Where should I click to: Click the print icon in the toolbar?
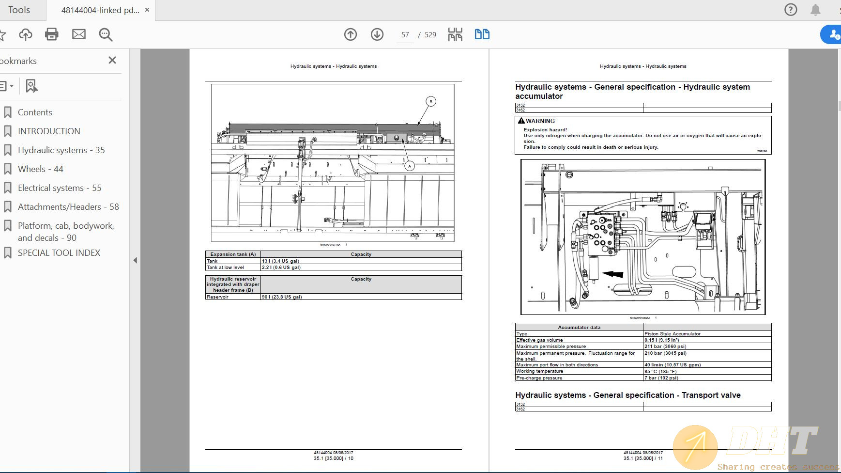[52, 34]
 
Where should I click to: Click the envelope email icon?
[79, 34]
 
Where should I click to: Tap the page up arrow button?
[351, 34]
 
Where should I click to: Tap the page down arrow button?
[377, 34]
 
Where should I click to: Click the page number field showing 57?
[405, 35]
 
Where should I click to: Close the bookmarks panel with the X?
[112, 60]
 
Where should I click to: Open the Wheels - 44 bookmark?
[41, 169]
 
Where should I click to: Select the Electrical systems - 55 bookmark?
[60, 188]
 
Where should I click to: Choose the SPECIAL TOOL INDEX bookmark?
[59, 253]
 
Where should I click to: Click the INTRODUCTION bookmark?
[49, 131]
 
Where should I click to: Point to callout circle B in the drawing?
[431, 101]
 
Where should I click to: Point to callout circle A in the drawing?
[410, 166]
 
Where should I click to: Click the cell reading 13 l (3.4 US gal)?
[280, 261]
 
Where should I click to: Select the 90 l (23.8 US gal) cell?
[282, 297]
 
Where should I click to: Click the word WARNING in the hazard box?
[540, 121]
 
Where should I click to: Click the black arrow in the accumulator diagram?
[613, 274]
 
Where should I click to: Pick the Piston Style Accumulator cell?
[672, 334]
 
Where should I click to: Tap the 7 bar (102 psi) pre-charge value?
[661, 378]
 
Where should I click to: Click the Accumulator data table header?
[579, 328]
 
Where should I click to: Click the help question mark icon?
[791, 10]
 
